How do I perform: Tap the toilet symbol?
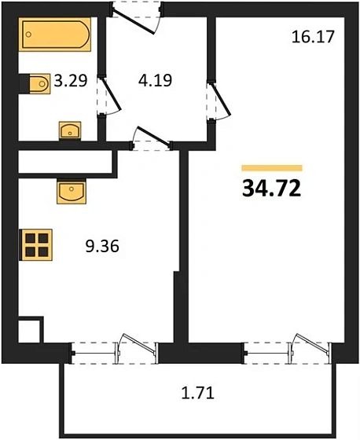(35, 82)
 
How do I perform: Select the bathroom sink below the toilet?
(71, 130)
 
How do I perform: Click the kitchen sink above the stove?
(70, 190)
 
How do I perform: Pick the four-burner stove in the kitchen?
(36, 244)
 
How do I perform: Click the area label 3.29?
(69, 80)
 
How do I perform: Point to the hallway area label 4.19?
(154, 80)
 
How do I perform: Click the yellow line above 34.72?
(272, 167)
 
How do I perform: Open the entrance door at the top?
(138, 16)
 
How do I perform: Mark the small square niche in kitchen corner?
(29, 329)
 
